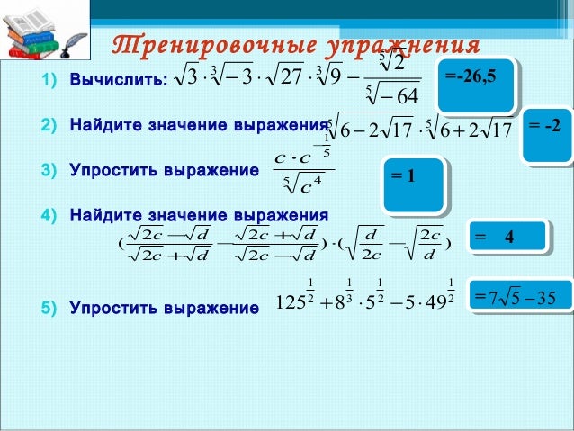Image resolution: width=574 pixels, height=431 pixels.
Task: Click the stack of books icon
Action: [x=40, y=33]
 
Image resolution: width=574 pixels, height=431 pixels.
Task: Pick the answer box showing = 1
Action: [x=413, y=183]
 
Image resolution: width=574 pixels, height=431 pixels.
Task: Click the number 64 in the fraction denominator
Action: [x=397, y=97]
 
